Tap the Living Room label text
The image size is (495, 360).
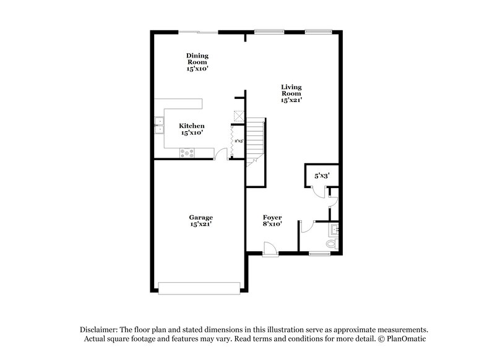pyautogui.click(x=291, y=93)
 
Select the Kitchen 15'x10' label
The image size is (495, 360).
pyautogui.click(x=192, y=129)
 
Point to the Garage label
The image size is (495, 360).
pyautogui.click(x=201, y=220)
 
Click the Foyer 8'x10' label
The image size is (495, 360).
pyautogui.click(x=272, y=221)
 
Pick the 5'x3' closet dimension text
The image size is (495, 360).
pyautogui.click(x=322, y=176)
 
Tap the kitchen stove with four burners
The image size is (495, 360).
pyautogui.click(x=186, y=152)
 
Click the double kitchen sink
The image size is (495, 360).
pyautogui.click(x=158, y=125)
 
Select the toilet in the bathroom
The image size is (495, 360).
pyautogui.click(x=332, y=244)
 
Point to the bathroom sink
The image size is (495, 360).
pyautogui.click(x=335, y=231)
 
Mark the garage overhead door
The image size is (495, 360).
pyautogui.click(x=199, y=287)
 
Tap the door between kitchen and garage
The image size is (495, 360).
pyautogui.click(x=221, y=154)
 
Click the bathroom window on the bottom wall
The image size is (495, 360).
pyautogui.click(x=319, y=253)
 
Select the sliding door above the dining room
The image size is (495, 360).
pyautogui.click(x=198, y=32)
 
